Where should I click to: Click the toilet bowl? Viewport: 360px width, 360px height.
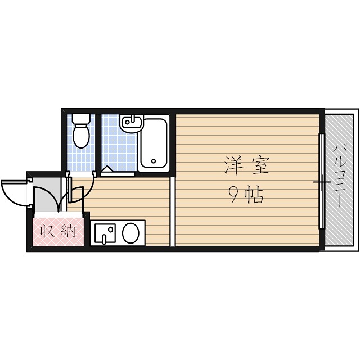click(82, 137)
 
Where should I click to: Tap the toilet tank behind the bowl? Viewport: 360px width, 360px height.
click(82, 119)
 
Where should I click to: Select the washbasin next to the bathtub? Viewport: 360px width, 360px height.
click(132, 122)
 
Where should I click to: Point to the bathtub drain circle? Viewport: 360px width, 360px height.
click(154, 163)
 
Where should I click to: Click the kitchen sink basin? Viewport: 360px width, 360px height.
click(105, 232)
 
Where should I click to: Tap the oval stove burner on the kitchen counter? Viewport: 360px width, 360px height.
click(131, 232)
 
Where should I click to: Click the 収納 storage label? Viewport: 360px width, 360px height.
click(57, 231)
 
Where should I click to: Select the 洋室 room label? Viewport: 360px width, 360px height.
click(247, 166)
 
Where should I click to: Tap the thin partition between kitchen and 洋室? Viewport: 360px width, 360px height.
click(173, 211)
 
